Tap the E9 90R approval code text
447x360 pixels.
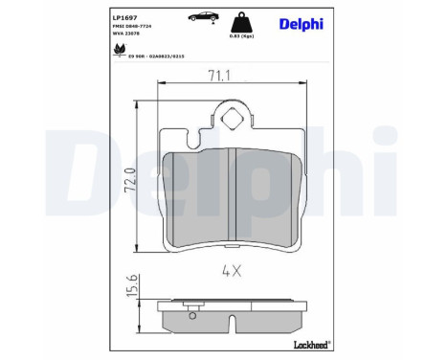pyautogui.click(x=152, y=56)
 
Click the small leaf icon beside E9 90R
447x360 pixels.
pyautogui.click(x=120, y=50)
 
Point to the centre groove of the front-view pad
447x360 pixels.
pyautogui.click(x=235, y=191)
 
